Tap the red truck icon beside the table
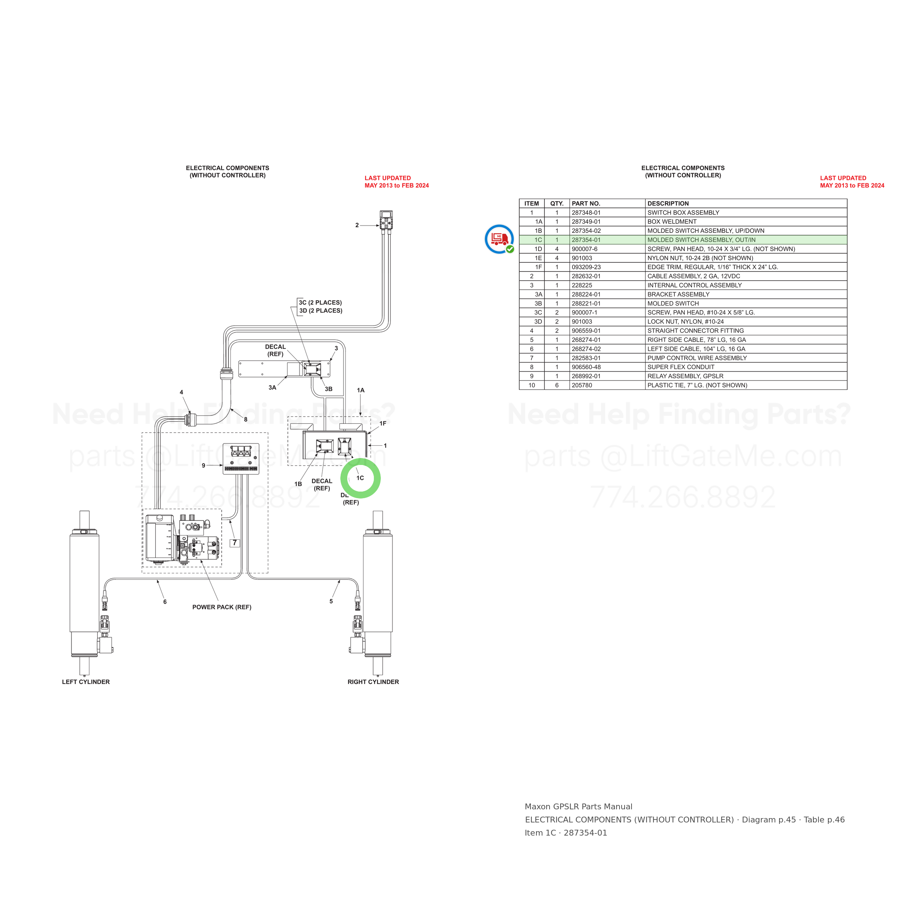499,239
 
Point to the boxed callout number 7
235,543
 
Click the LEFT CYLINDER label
86,682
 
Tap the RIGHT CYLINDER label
373,682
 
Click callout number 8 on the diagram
246,419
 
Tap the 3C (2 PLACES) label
320,303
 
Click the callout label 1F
383,423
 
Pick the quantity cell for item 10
557,385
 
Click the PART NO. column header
586,204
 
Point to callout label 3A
272,388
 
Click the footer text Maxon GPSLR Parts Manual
579,807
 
